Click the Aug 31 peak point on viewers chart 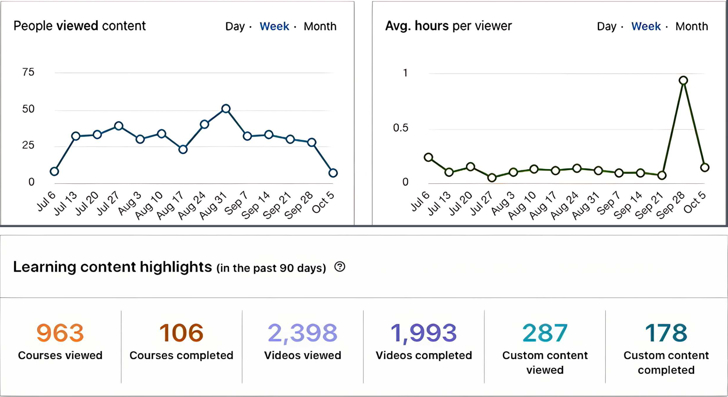(x=226, y=108)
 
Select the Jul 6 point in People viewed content (x=54, y=171)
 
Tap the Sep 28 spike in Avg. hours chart (x=683, y=80)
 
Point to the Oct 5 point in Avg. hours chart (x=705, y=167)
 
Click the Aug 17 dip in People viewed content (x=183, y=149)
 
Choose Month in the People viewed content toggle (x=320, y=27)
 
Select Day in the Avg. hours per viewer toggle (x=606, y=27)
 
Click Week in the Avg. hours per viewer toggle (x=646, y=27)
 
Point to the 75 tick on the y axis (x=28, y=72)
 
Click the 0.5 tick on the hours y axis (x=400, y=128)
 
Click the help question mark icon (x=340, y=267)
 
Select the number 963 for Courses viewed (x=60, y=333)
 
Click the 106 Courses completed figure (x=181, y=333)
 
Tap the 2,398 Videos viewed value (x=302, y=333)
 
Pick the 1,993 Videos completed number (x=423, y=333)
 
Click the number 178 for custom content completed (x=666, y=333)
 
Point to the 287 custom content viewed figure (x=545, y=333)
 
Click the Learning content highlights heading (x=112, y=267)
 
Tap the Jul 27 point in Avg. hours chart (x=492, y=177)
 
